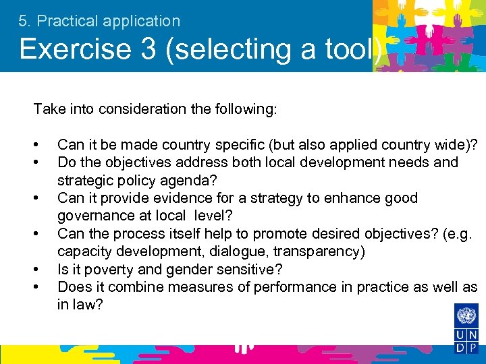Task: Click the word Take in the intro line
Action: click(x=46, y=109)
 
